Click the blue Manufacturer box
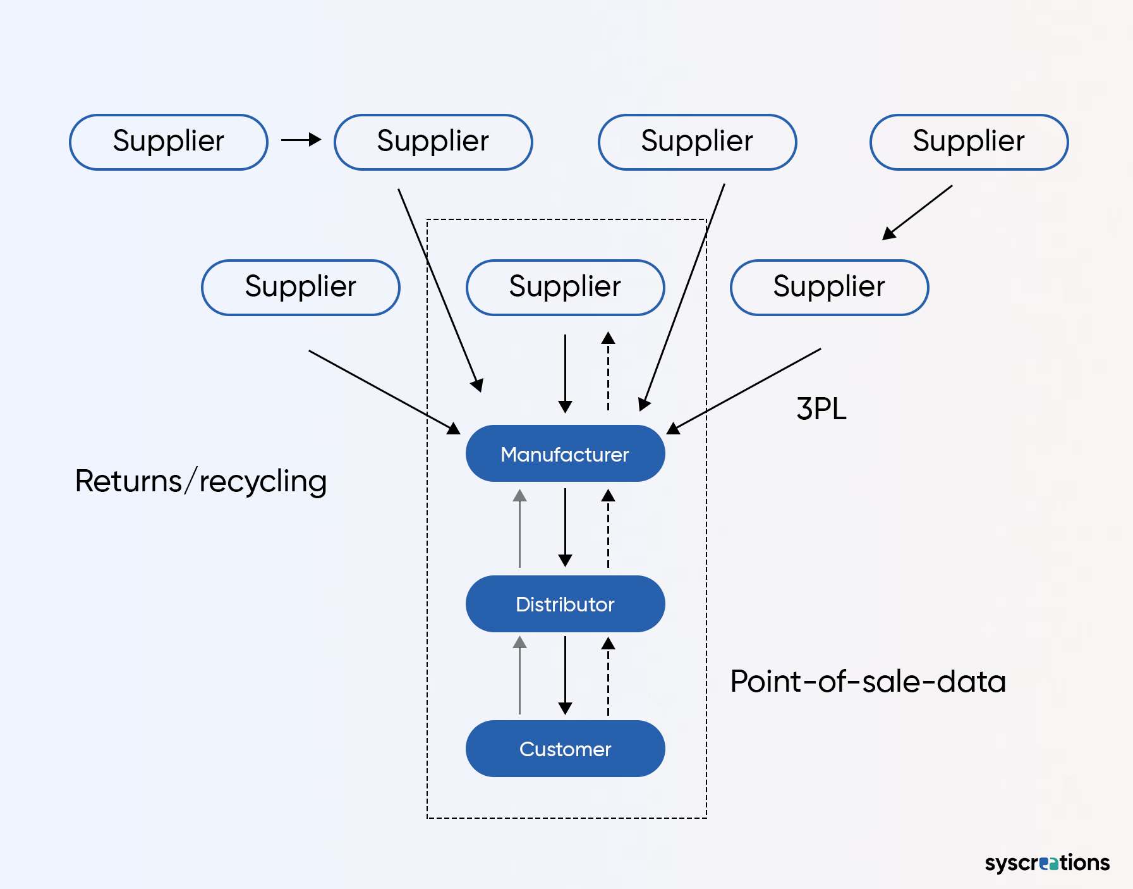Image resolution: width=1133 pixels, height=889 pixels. (565, 453)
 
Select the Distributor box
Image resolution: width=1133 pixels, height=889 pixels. (565, 604)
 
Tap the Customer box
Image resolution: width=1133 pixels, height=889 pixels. (565, 749)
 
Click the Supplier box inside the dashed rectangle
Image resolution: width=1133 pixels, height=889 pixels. (565, 287)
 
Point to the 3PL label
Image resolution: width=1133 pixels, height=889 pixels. (821, 408)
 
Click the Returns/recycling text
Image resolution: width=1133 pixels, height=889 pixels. (200, 481)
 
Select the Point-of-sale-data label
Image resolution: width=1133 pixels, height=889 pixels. (868, 682)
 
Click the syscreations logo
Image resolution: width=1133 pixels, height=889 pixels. (1046, 862)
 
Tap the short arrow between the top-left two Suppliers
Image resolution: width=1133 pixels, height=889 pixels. (301, 140)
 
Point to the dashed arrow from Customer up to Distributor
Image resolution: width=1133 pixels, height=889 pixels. (608, 677)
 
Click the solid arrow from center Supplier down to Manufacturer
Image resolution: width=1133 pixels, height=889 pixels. (565, 373)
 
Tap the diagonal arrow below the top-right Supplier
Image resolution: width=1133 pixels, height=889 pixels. (917, 212)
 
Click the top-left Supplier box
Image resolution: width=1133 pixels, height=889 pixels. (168, 142)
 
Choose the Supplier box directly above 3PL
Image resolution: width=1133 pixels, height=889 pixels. (829, 287)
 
